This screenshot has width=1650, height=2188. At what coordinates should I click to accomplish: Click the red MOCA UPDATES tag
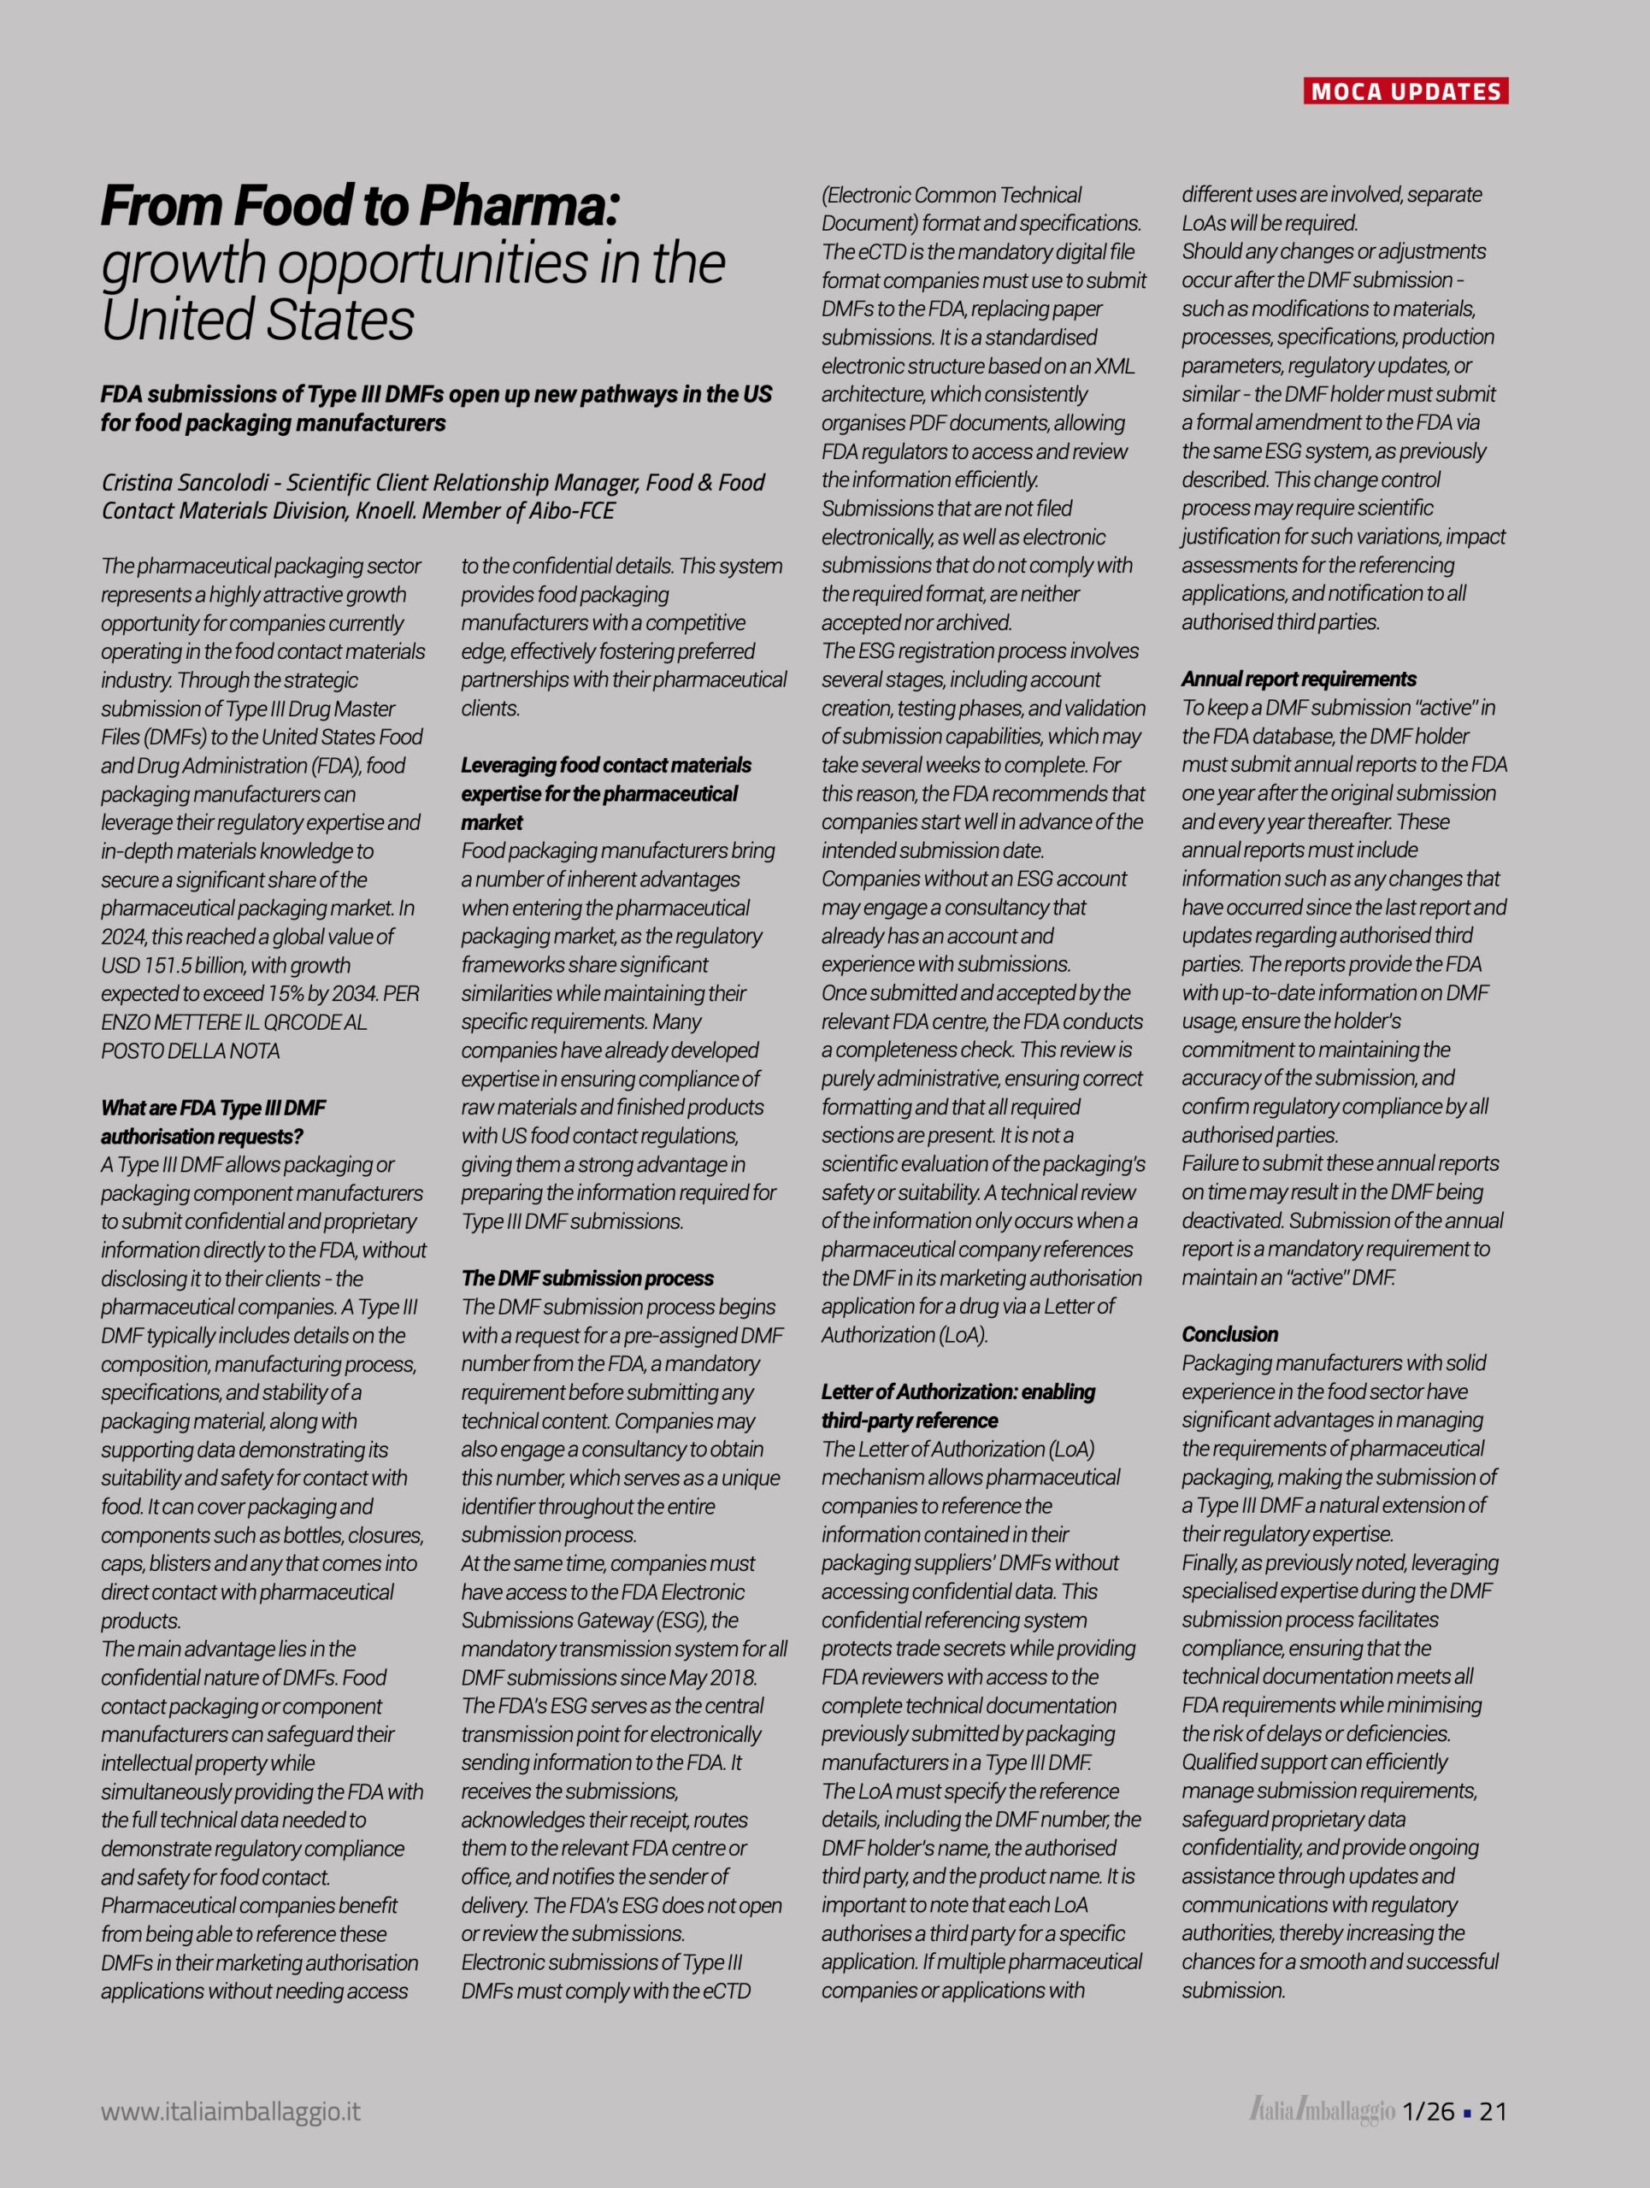click(1405, 92)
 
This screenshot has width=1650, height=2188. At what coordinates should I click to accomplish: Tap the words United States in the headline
click(257, 320)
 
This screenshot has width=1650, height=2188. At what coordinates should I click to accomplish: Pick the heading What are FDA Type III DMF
click(213, 1108)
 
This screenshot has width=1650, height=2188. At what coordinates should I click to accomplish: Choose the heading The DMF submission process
click(586, 1278)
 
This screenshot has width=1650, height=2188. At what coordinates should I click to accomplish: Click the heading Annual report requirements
click(1298, 679)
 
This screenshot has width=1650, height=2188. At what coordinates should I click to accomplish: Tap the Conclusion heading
click(1229, 1334)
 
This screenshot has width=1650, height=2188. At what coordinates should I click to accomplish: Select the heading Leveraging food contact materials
click(605, 765)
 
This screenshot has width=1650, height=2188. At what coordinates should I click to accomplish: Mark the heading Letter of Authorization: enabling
click(958, 1391)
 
